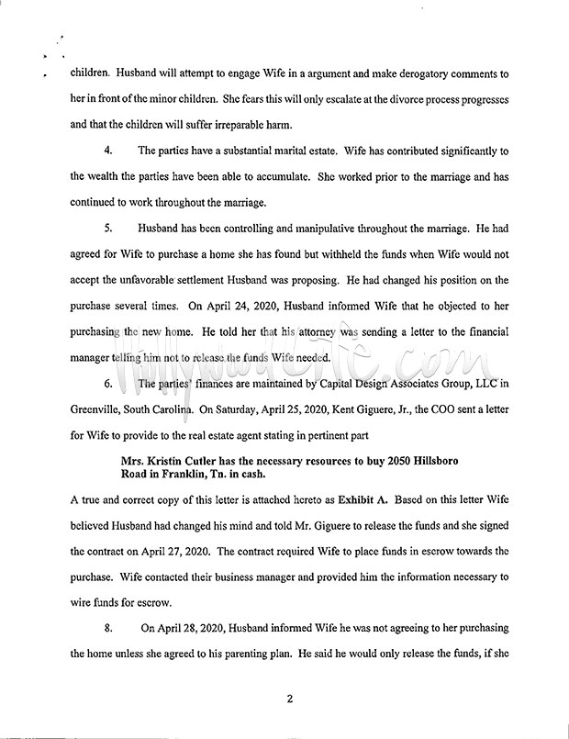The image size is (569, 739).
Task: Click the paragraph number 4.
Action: point(108,150)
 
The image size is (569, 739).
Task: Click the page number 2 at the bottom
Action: point(289,699)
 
